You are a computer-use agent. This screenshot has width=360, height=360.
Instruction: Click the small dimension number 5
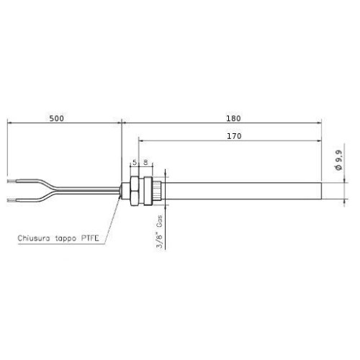pyautogui.click(x=134, y=163)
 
